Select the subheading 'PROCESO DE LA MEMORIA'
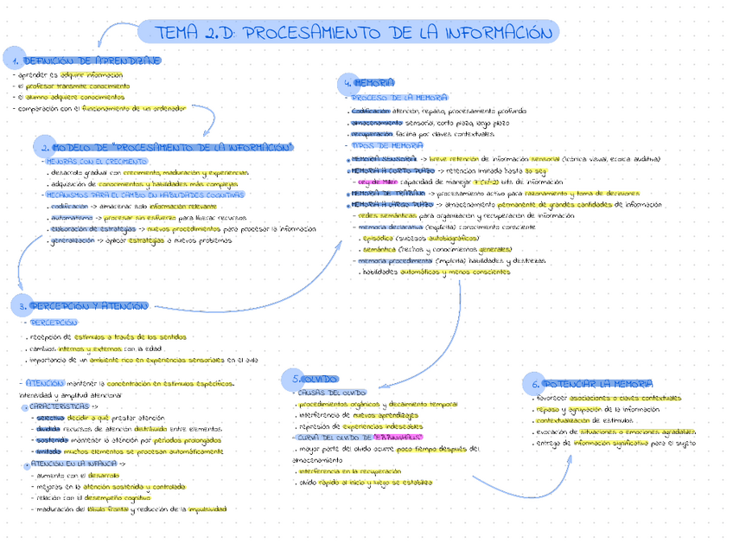pyautogui.click(x=398, y=99)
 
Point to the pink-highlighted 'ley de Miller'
pyautogui.click(x=377, y=182)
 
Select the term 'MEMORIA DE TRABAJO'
pyautogui.click(x=380, y=194)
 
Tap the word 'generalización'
pyautogui.click(x=73, y=241)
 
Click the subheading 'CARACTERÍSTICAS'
pyautogui.click(x=57, y=406)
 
